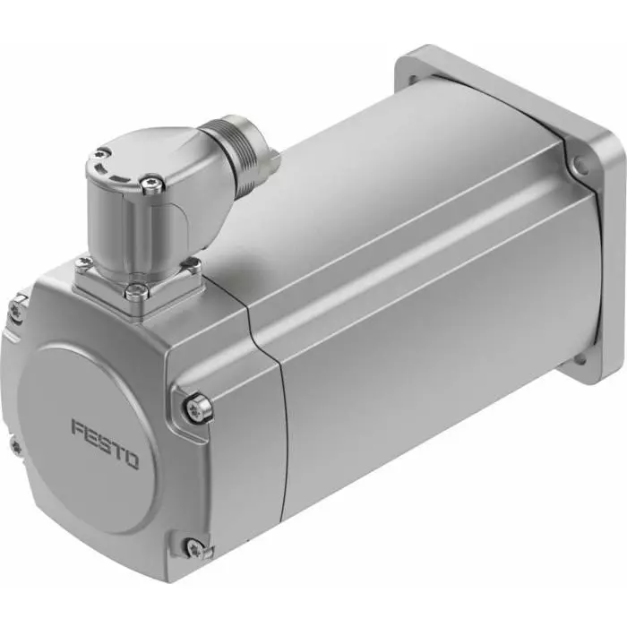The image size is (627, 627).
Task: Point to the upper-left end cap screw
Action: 15,309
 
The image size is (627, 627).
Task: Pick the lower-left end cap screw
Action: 15,444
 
